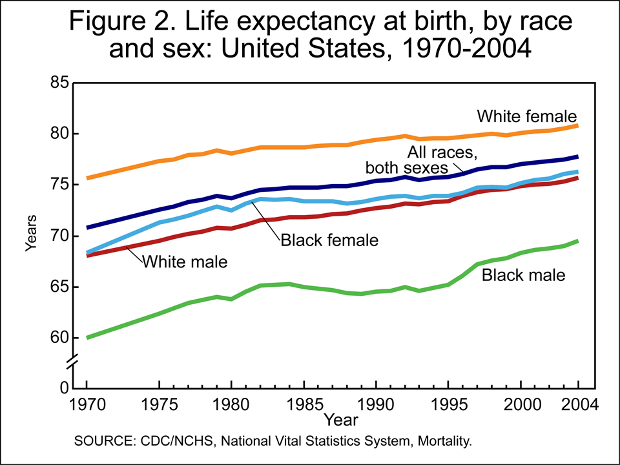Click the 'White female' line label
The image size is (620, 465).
(x=526, y=116)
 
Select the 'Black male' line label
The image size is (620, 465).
(x=524, y=276)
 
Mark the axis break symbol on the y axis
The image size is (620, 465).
(x=74, y=362)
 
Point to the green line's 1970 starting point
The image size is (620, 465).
(x=87, y=337)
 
